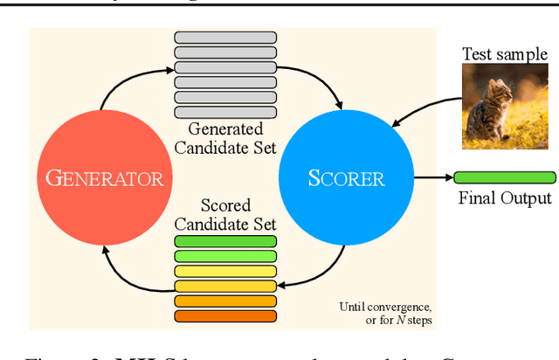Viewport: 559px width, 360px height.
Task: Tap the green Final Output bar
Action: click(506, 177)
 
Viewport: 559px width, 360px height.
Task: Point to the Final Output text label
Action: click(506, 198)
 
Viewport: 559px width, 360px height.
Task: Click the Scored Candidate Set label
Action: click(225, 214)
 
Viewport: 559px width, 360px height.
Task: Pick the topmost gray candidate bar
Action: click(225, 38)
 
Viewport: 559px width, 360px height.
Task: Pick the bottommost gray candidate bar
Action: click(225, 113)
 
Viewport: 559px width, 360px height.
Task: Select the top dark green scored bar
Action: click(225, 241)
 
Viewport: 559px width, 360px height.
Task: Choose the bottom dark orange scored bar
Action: click(225, 315)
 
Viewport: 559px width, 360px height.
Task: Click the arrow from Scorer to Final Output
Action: click(432, 177)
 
